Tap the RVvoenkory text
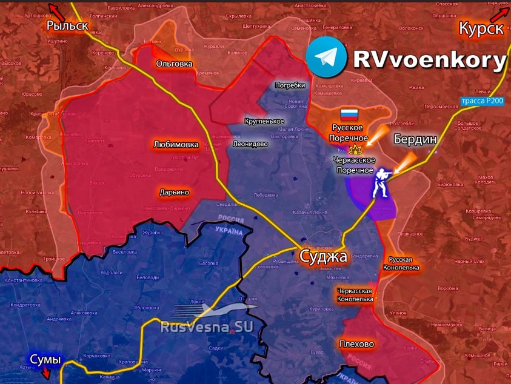point(429,59)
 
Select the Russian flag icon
point(349,114)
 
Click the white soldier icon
point(380,182)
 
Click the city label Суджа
point(323,256)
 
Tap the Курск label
point(481,28)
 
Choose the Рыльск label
point(67,25)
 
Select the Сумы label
point(45,360)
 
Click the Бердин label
point(415,139)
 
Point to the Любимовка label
point(176,145)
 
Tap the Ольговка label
point(174,63)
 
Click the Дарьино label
point(174,192)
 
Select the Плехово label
point(357,344)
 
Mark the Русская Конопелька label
point(401,263)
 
